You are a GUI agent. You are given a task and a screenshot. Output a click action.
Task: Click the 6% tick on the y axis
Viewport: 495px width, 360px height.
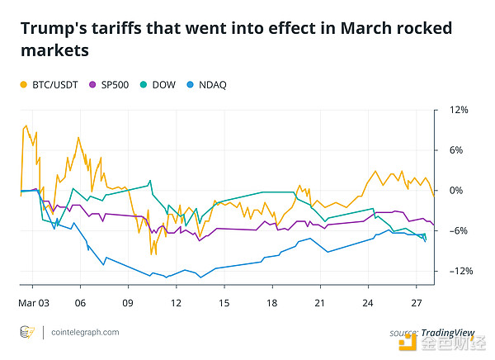point(456,150)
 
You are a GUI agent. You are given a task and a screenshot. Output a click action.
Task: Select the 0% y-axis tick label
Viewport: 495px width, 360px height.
point(456,191)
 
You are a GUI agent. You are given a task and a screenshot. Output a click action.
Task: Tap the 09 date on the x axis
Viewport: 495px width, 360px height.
point(128,303)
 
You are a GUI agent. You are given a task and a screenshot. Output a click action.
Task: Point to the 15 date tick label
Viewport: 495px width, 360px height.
point(224,303)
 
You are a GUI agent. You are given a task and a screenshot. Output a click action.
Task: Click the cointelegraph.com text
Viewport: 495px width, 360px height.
point(82,332)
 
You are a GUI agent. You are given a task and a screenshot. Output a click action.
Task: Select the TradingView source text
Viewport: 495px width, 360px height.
point(444,332)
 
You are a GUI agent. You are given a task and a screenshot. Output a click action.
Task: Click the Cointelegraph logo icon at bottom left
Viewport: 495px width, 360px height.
point(26,332)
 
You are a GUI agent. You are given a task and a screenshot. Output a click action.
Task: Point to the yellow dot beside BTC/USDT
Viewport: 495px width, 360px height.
point(23,84)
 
